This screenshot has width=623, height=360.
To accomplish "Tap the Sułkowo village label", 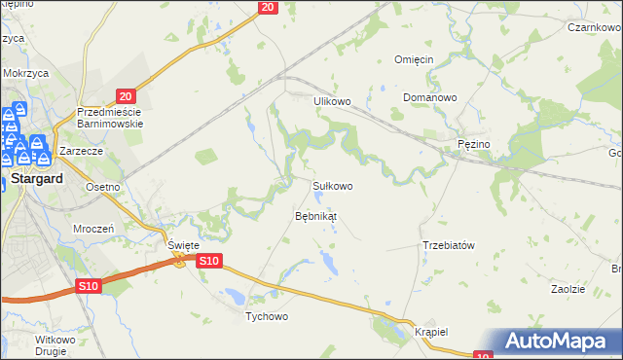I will (332, 185).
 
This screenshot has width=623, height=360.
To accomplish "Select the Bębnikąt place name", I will (315, 215).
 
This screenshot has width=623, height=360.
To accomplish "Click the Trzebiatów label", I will (449, 245).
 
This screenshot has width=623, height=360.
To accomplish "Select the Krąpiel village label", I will (429, 332).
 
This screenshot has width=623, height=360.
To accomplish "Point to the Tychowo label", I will (267, 317).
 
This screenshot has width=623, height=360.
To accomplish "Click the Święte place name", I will (183, 246).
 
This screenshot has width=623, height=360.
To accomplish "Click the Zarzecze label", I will (82, 152).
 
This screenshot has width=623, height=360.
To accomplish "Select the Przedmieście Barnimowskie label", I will (111, 118).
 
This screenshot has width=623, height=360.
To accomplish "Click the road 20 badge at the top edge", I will (269, 7).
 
